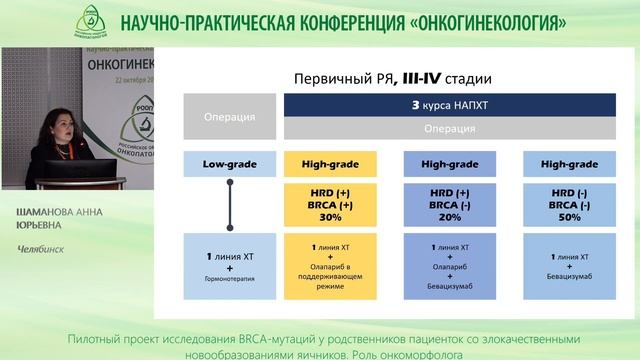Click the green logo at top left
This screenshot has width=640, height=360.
pos(92,21)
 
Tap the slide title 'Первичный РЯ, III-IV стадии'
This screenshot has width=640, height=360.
pos(390,77)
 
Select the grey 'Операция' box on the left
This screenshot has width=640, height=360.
pos(227,116)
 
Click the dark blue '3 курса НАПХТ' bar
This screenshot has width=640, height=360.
pos(442,105)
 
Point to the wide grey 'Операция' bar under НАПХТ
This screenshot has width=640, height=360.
pos(442,128)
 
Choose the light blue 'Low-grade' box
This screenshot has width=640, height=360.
pos(227,162)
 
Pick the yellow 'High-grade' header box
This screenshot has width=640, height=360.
pos(329,162)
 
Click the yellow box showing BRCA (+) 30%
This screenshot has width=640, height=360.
pos(329,203)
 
